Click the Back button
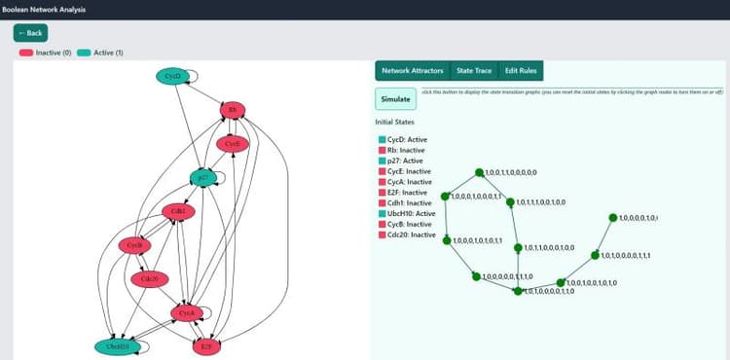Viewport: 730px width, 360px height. [29, 32]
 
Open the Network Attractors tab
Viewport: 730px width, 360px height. [413, 71]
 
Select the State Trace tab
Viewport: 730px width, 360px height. [474, 71]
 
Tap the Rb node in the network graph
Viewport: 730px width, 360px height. [232, 110]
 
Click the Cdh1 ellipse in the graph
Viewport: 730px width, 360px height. [177, 210]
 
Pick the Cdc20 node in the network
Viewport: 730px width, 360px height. [149, 279]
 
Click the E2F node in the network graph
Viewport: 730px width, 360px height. [205, 345]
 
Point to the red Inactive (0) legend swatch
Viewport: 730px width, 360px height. [26, 52]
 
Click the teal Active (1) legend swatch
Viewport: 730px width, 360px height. [84, 52]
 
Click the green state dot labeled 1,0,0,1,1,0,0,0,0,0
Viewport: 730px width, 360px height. [479, 173]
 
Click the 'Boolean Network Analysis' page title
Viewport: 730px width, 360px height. [43, 10]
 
